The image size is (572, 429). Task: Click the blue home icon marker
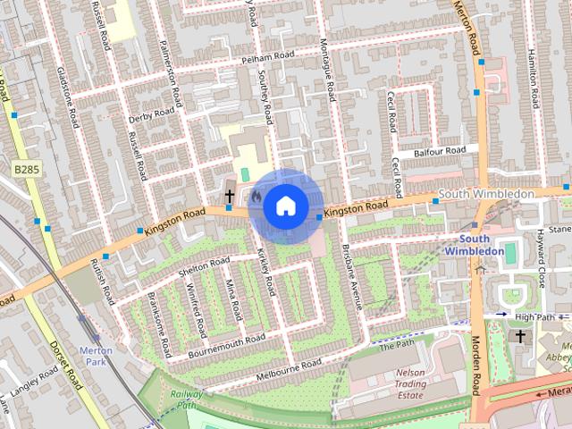[x=284, y=206]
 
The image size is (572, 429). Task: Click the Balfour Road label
[x=441, y=152]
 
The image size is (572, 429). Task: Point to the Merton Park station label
[x=96, y=356]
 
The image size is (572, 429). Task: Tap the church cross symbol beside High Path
[x=520, y=337]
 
